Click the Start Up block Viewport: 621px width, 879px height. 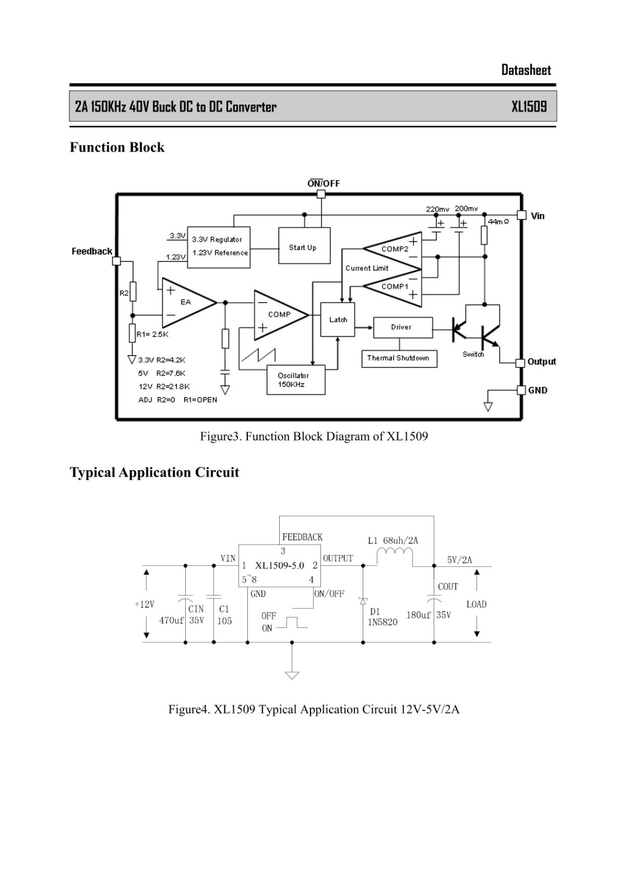click(x=304, y=246)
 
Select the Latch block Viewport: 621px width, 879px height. click(x=337, y=319)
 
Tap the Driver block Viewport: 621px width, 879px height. click(x=403, y=327)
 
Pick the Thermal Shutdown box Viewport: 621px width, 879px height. click(x=399, y=359)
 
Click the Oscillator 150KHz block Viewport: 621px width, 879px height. click(x=296, y=380)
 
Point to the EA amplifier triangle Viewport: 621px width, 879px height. click(x=189, y=303)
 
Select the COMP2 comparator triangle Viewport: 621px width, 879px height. click(x=392, y=250)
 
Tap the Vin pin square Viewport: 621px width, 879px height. click(x=522, y=215)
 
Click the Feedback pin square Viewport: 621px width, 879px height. click(x=117, y=261)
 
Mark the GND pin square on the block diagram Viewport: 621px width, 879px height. click(x=521, y=390)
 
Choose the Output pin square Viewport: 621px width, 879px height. click(x=520, y=363)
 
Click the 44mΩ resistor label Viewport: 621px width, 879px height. click(x=498, y=222)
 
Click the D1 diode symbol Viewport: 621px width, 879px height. click(x=363, y=601)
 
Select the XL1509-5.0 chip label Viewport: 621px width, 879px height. click(x=280, y=565)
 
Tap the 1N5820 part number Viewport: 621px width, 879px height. click(x=382, y=622)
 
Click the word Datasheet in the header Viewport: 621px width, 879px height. click(x=526, y=70)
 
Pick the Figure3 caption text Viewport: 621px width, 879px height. click(x=314, y=436)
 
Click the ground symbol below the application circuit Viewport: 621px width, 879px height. click(x=292, y=675)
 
